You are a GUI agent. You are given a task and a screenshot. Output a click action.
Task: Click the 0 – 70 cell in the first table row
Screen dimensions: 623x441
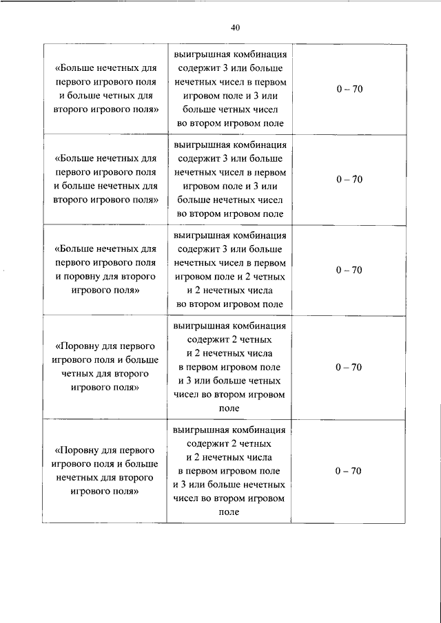[349, 89]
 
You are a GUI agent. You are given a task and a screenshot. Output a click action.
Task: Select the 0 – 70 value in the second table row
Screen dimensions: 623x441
[349, 180]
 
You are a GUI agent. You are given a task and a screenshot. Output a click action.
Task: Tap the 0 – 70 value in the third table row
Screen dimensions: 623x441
[349, 270]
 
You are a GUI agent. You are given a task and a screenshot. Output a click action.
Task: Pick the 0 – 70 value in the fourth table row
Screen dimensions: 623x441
[349, 367]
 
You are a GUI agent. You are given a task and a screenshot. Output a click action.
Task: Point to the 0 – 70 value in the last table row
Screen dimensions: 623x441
[349, 471]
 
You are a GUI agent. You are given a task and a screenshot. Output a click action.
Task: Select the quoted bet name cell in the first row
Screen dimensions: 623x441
[105, 89]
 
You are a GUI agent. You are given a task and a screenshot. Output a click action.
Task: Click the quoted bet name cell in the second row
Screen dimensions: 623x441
[105, 180]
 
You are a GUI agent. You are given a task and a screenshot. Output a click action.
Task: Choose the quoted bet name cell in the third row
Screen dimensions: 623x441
[105, 270]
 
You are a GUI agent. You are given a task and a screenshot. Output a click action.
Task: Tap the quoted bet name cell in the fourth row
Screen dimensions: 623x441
[105, 367]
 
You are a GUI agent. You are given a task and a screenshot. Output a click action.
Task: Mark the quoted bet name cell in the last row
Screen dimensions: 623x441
[105, 471]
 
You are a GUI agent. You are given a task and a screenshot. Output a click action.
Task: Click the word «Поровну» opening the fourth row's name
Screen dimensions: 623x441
[82, 346]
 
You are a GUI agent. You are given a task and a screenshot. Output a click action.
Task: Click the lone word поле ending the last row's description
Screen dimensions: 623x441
[229, 512]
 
